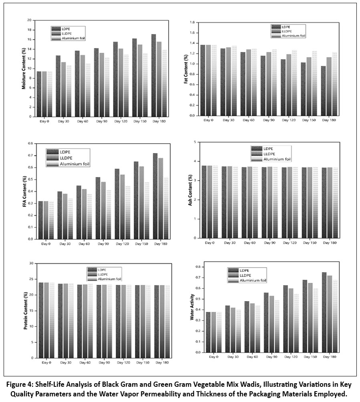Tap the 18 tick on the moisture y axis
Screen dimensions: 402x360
click(29, 30)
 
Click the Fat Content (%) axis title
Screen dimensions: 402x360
click(186, 69)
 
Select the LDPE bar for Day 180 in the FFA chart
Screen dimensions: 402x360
click(155, 196)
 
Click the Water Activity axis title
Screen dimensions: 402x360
click(193, 311)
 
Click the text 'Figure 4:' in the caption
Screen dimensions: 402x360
click(22, 385)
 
